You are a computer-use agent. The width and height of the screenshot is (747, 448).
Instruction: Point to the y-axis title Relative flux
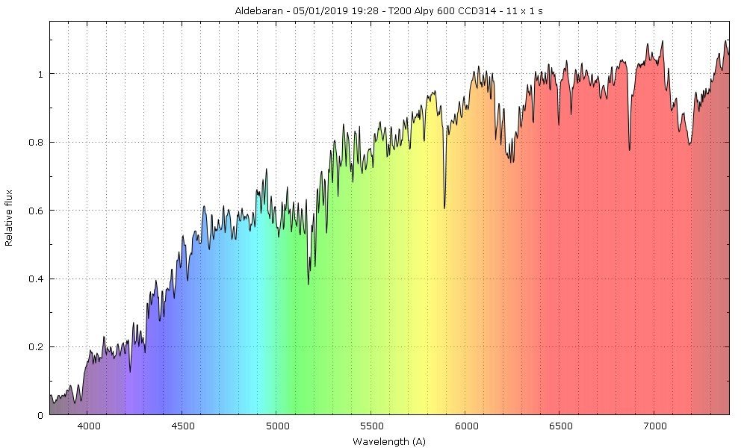[10, 218]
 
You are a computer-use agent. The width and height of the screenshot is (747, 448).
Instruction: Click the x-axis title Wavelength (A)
[388, 441]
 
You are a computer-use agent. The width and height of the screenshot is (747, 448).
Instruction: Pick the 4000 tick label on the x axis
[87, 426]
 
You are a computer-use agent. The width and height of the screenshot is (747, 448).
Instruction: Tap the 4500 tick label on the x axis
[182, 426]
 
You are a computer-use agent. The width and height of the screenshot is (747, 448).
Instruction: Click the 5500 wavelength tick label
[371, 426]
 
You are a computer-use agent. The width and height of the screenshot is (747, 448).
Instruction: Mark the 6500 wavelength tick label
[560, 426]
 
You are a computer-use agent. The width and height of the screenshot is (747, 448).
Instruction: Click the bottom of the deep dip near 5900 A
[444, 208]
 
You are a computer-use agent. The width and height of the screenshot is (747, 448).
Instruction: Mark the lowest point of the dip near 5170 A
[309, 284]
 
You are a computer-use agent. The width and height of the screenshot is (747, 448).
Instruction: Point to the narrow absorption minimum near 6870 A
[629, 150]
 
